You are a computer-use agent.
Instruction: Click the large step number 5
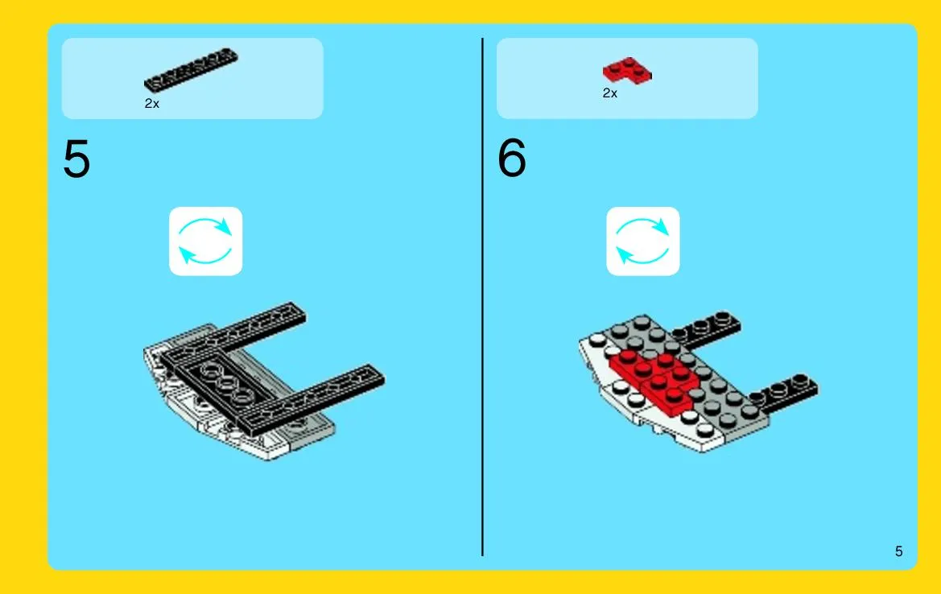coord(76,159)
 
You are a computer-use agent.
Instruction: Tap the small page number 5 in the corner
coord(898,551)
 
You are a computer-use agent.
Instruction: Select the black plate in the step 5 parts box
coord(191,69)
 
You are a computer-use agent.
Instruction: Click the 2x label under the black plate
coord(152,104)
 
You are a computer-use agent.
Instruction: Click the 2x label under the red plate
coord(609,93)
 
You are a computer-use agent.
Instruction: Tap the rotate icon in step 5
coord(206,241)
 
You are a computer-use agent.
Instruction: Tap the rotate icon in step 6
coord(642,241)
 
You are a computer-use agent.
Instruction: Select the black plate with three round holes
coord(225,384)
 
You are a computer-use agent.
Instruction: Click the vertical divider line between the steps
coord(482,297)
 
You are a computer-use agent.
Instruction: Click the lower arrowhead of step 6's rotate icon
coord(625,255)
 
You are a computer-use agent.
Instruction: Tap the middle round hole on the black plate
coord(227,384)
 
